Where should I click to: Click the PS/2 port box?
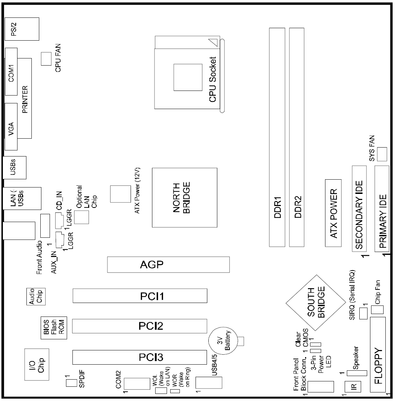click(x=22, y=29)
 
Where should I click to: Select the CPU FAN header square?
click(x=46, y=59)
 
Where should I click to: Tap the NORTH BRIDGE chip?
click(x=184, y=197)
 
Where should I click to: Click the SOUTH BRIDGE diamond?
click(x=316, y=303)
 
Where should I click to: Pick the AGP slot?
click(x=168, y=265)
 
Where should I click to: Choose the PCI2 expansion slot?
click(x=140, y=326)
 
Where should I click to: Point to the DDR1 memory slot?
click(x=277, y=137)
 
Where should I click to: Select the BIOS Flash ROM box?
click(x=54, y=328)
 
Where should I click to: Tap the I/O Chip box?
click(x=37, y=364)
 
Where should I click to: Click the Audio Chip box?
click(x=36, y=297)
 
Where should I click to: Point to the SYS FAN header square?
click(x=382, y=154)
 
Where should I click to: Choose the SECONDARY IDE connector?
click(x=359, y=209)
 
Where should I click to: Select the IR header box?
click(x=353, y=386)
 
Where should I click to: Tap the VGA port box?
click(x=11, y=127)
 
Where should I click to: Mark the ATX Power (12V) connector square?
click(x=121, y=194)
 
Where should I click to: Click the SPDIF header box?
click(x=71, y=383)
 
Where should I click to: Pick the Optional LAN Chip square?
click(x=81, y=217)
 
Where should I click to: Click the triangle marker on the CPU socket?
click(x=214, y=42)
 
